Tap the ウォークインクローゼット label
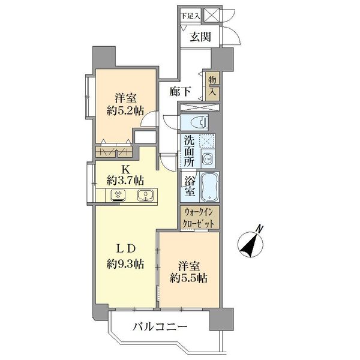(x=200, y=217)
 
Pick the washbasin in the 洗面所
(x=208, y=159)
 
